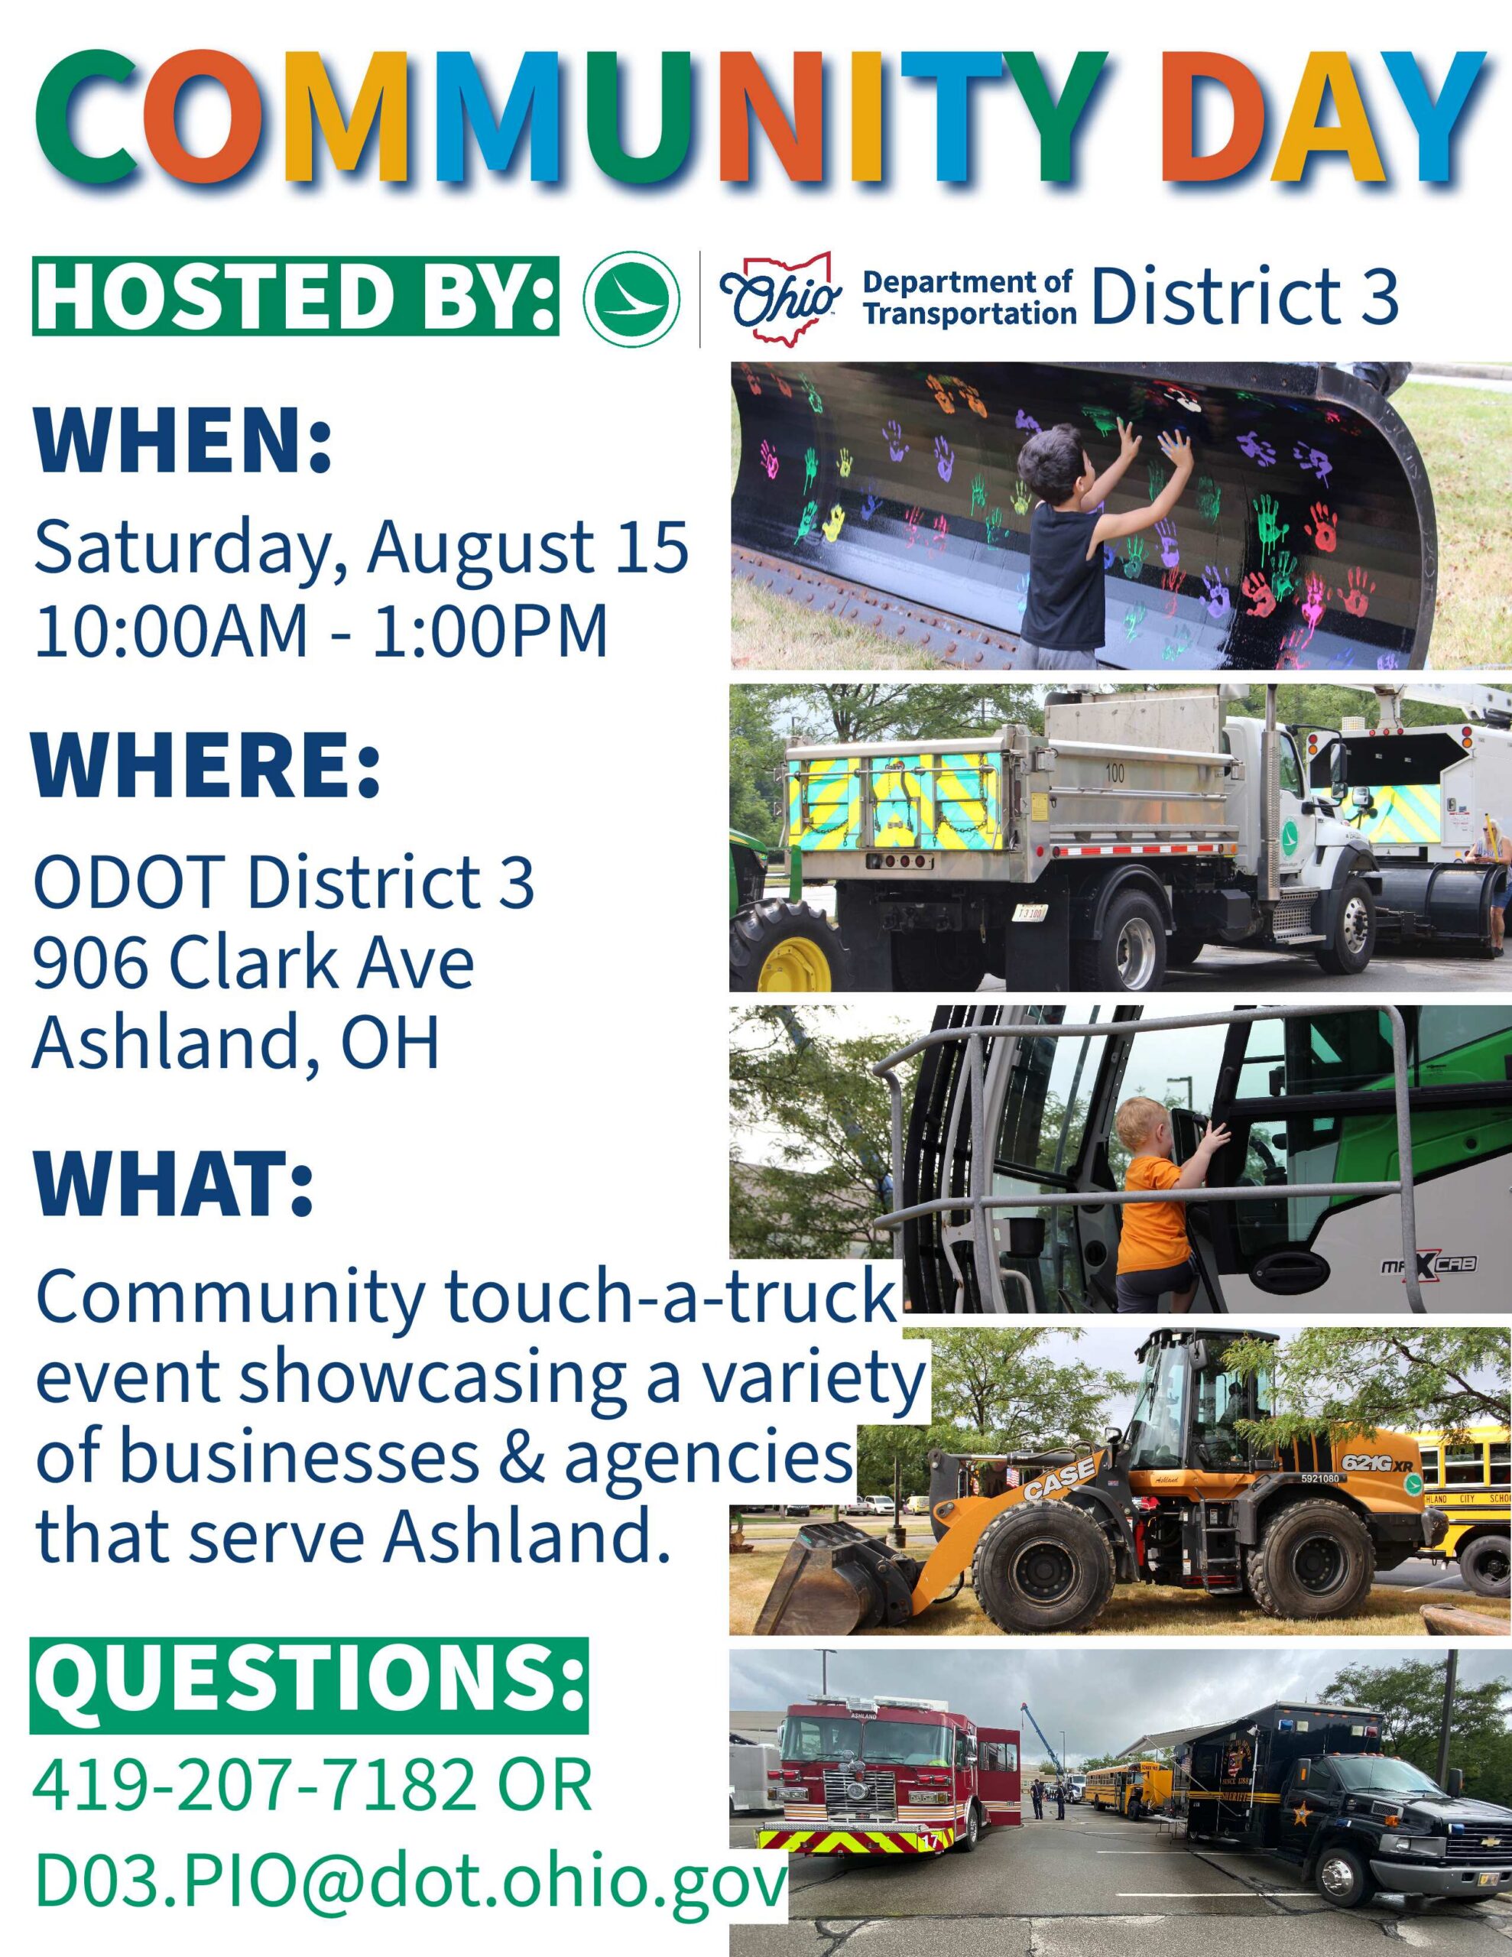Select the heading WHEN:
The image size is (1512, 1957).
[x=183, y=443]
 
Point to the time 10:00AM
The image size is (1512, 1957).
[x=170, y=630]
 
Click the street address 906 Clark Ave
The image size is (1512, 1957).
[x=254, y=964]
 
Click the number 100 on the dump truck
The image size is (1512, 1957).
[x=1114, y=774]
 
